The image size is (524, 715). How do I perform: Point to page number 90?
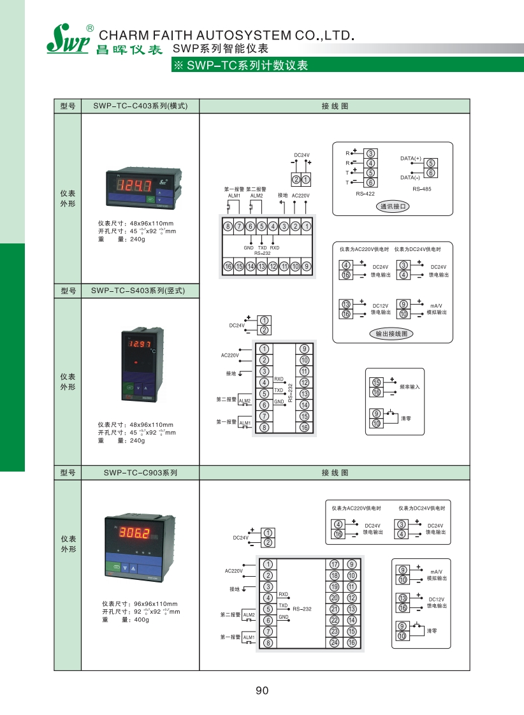click(262, 691)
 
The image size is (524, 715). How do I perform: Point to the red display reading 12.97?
click(138, 345)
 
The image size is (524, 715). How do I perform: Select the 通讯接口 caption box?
click(393, 206)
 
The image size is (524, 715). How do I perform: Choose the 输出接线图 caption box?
click(391, 333)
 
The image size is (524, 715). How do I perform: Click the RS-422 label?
click(365, 193)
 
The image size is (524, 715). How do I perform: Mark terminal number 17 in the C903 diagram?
click(334, 565)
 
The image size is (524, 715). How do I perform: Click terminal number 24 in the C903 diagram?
click(334, 642)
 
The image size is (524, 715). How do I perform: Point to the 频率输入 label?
click(410, 387)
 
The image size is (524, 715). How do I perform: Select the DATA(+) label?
click(411, 158)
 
